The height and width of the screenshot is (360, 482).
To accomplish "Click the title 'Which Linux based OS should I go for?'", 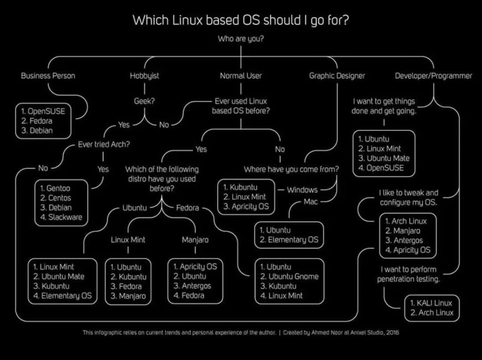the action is pyautogui.click(x=240, y=20).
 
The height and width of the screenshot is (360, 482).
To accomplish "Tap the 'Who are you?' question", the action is pyautogui.click(x=240, y=39).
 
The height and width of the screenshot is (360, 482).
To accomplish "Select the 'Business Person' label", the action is pyautogui.click(x=48, y=76).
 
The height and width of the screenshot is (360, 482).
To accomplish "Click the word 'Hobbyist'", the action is pyautogui.click(x=145, y=76).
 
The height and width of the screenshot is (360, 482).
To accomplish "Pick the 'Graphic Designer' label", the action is pyautogui.click(x=337, y=76).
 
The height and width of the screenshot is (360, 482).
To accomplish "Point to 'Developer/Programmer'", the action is pyautogui.click(x=433, y=76).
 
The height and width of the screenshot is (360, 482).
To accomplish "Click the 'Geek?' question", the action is pyautogui.click(x=145, y=101).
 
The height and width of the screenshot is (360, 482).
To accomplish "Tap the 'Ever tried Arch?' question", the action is pyautogui.click(x=104, y=144).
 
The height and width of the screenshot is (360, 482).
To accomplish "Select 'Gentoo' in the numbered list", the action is pyautogui.click(x=58, y=188).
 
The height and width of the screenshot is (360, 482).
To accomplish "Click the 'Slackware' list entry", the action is pyautogui.click(x=65, y=217).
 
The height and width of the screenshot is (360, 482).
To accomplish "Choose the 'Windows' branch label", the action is pyautogui.click(x=302, y=190).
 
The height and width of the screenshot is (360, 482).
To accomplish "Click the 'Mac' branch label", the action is pyautogui.click(x=311, y=202).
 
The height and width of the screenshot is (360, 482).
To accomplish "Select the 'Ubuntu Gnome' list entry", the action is pyautogui.click(x=294, y=276).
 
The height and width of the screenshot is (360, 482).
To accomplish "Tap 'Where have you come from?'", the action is pyautogui.click(x=291, y=169).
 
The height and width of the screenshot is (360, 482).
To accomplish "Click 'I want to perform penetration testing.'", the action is pyautogui.click(x=408, y=274).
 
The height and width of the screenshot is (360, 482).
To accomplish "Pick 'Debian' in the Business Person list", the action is pyautogui.click(x=41, y=131).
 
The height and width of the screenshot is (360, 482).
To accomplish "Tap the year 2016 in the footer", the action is pyautogui.click(x=393, y=332).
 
